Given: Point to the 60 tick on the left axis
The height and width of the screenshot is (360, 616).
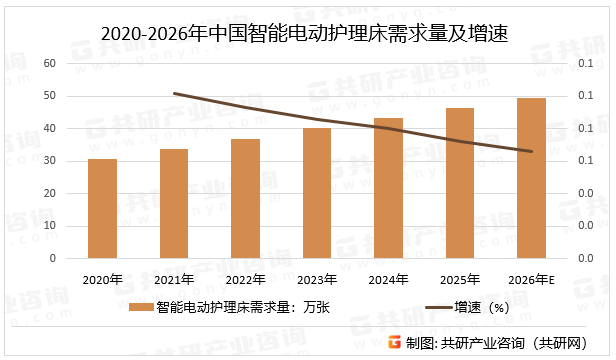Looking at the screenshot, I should pyautogui.click(x=48, y=63).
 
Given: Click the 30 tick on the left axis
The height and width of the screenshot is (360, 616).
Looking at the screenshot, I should pyautogui.click(x=48, y=161).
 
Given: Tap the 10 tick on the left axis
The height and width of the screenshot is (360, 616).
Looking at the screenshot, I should pyautogui.click(x=48, y=226).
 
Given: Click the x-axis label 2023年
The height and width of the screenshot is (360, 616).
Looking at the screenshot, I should pyautogui.click(x=317, y=279).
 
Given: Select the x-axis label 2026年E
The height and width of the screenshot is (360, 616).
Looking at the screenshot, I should pyautogui.click(x=531, y=279).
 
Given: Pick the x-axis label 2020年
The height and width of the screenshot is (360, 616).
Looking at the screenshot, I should pyautogui.click(x=102, y=279).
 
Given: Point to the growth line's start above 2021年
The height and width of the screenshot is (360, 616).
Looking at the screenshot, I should pyautogui.click(x=174, y=93).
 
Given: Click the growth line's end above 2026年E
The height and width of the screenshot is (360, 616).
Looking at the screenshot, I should pyautogui.click(x=531, y=152).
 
